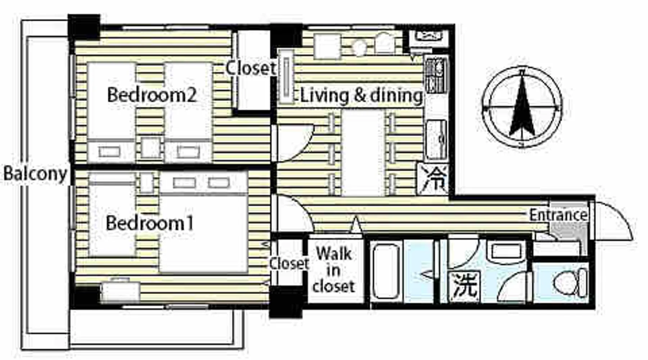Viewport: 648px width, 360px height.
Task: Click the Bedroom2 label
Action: coord(152,95)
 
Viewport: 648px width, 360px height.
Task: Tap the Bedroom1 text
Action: coord(150,223)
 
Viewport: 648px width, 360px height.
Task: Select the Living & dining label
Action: coord(362,96)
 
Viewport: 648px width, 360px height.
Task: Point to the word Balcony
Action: coord(35,174)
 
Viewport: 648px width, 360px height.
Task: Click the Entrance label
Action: coord(558,215)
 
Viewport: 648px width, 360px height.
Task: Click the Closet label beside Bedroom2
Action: coord(251,68)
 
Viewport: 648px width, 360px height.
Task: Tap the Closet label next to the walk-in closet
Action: coord(289,263)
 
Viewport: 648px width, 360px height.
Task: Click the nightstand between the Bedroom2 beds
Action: coord(150,148)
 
